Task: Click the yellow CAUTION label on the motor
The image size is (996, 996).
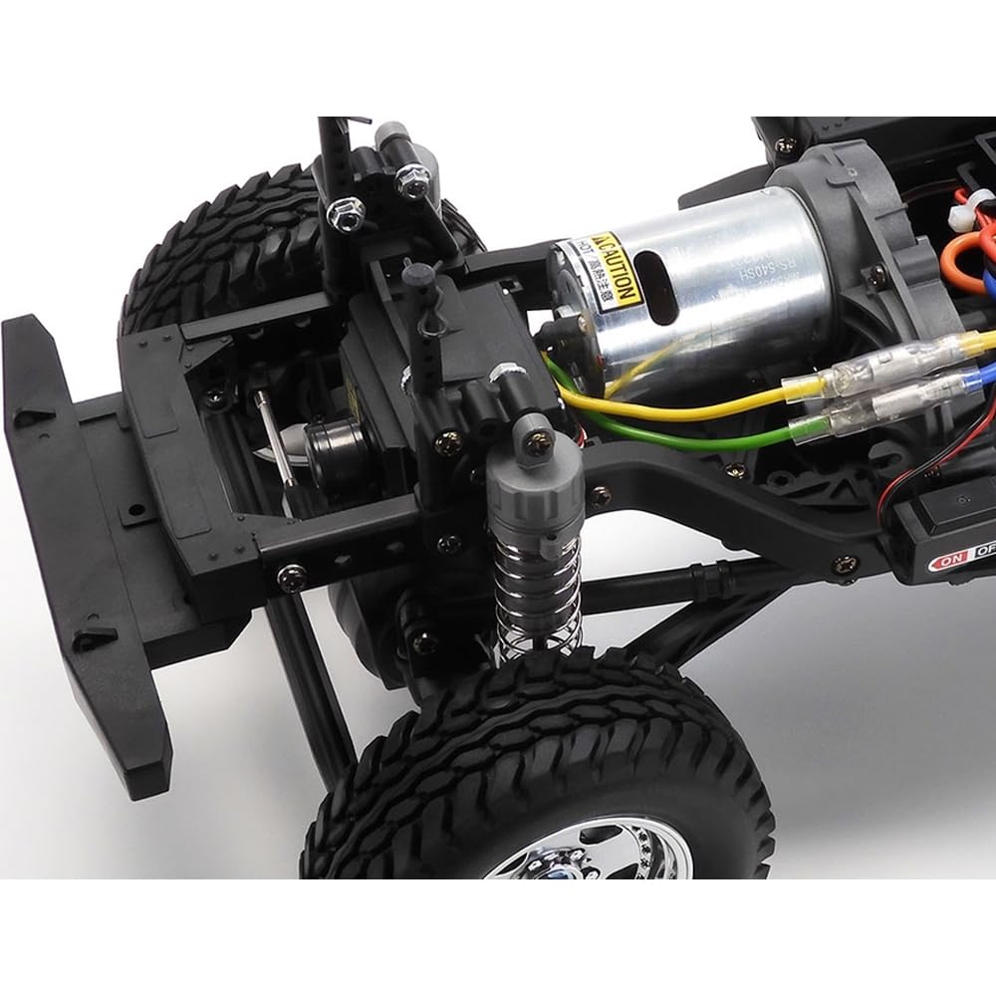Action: (x=611, y=267)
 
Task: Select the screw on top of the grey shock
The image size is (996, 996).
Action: (x=539, y=429)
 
